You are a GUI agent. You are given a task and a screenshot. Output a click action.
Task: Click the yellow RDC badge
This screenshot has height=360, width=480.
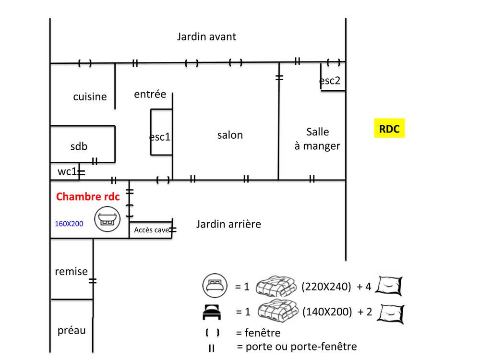pyautogui.click(x=389, y=128)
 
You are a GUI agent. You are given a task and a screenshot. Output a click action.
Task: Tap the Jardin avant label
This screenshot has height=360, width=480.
pyautogui.click(x=206, y=37)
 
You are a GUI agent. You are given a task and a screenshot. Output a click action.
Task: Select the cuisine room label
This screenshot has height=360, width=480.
pyautogui.click(x=90, y=97)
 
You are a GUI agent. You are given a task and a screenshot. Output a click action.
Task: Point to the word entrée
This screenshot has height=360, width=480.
pyautogui.click(x=150, y=94)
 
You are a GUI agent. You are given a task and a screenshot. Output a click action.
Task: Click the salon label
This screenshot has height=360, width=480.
pyautogui.click(x=230, y=135)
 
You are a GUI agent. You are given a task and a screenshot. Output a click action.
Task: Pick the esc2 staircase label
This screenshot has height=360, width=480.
pyautogui.click(x=330, y=81)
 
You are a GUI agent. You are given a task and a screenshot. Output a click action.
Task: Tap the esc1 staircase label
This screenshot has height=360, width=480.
pyautogui.click(x=159, y=137)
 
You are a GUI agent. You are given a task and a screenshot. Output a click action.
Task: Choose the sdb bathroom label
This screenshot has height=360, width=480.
pyautogui.click(x=79, y=146)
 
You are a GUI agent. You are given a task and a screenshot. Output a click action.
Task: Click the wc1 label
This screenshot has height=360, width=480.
pyautogui.click(x=67, y=171)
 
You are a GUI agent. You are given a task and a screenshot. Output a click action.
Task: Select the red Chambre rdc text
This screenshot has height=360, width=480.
pyautogui.click(x=88, y=196)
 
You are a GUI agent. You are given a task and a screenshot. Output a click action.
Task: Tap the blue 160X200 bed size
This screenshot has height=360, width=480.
pyautogui.click(x=69, y=224)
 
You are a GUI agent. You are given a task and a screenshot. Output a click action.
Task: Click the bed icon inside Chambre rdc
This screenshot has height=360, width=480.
pyautogui.click(x=107, y=219)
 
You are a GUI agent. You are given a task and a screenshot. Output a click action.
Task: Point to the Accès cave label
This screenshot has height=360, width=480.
pyautogui.click(x=151, y=230)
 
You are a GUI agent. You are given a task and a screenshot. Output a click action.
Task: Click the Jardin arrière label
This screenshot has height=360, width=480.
pyautogui.click(x=228, y=224)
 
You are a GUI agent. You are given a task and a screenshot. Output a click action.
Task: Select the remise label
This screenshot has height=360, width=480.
pyautogui.click(x=72, y=272)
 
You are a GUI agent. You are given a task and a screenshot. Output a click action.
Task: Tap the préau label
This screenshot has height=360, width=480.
pyautogui.click(x=72, y=331)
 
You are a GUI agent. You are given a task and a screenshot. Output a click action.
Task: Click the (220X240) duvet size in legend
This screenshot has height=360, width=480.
pyautogui.click(x=326, y=287)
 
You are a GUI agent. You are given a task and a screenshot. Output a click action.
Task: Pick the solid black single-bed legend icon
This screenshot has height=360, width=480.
pyautogui.click(x=212, y=312)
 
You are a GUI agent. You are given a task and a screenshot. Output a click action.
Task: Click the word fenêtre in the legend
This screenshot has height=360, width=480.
pyautogui.click(x=263, y=333)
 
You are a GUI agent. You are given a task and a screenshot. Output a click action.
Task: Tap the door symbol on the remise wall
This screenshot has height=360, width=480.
pyautogui.click(x=93, y=281)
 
